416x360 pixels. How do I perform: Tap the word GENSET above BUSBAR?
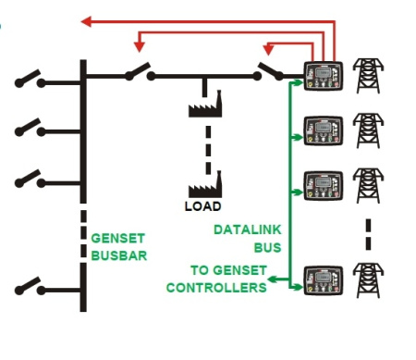coord(116,236)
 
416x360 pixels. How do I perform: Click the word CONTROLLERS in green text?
coord(216,288)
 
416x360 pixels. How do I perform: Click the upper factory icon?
coord(205,103)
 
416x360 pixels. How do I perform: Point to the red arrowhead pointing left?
coord(86,19)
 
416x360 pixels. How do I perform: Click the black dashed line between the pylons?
coord(369,232)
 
